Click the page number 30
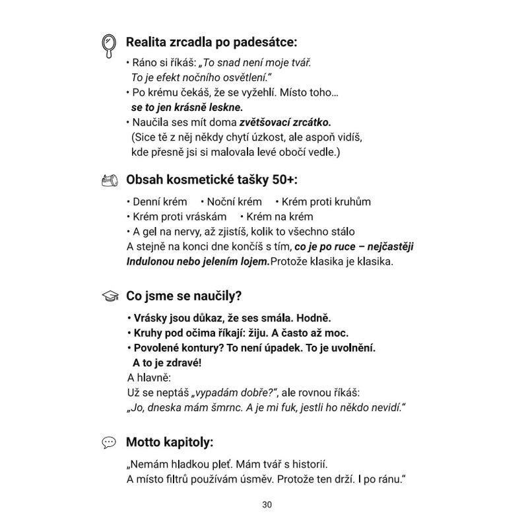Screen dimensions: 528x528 click(267, 505)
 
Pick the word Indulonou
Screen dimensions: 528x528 click(150, 261)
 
